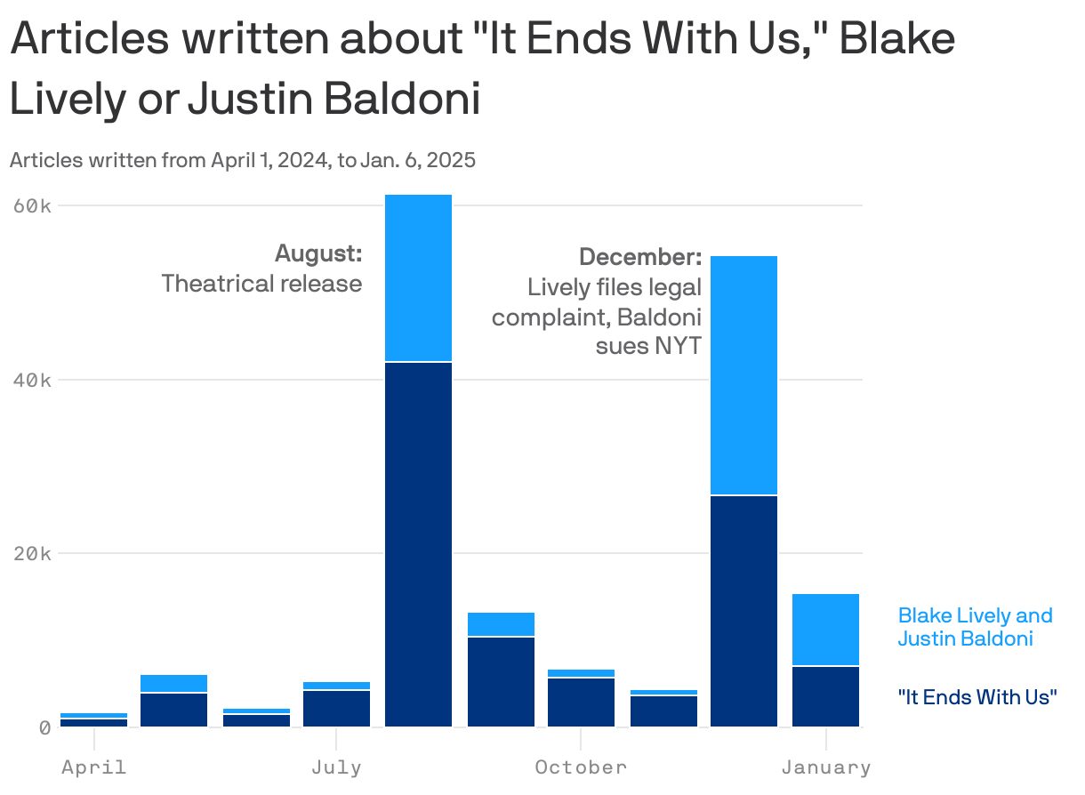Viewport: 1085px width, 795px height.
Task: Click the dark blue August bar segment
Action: coord(418,544)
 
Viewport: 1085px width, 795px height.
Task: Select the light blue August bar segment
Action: coord(418,277)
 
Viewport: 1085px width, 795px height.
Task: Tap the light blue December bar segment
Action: coord(743,374)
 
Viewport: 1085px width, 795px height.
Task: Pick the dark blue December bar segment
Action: coord(743,611)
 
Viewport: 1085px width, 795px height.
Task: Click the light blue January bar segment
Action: coord(825,630)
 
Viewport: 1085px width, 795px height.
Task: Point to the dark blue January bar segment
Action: coord(825,696)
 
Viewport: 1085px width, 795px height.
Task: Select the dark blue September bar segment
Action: coord(501,681)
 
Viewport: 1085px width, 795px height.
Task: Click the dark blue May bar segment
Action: coord(173,710)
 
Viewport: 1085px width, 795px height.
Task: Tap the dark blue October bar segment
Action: coord(581,702)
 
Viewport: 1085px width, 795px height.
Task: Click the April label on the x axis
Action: coord(93,767)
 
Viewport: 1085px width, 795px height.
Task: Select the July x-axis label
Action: coord(336,767)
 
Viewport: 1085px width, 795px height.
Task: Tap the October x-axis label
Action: coord(581,767)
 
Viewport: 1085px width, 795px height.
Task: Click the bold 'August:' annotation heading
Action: coord(318,253)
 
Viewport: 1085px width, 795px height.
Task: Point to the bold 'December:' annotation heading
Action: coord(640,257)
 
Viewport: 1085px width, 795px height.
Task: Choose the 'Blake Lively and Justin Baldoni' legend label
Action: coord(975,627)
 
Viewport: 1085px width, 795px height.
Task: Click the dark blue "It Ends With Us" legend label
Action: coord(977,696)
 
